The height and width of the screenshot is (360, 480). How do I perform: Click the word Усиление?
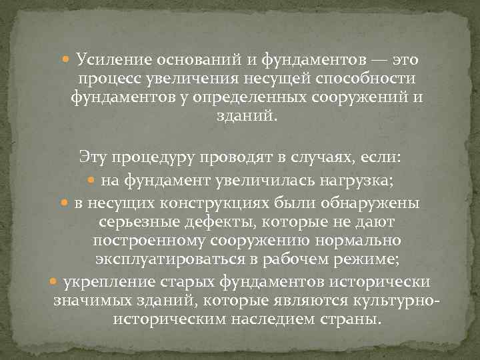tap(109, 61)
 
